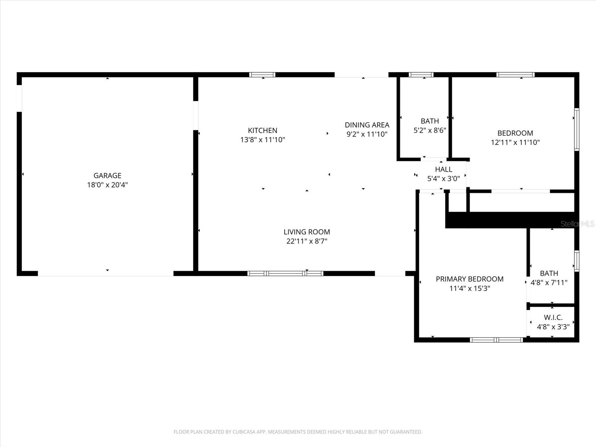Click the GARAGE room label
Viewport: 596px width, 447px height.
click(107, 175)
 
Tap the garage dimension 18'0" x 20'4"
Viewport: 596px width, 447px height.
click(107, 185)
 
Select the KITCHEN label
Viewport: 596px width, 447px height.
click(263, 130)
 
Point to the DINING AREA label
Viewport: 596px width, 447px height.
click(367, 125)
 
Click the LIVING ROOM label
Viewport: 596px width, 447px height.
click(307, 232)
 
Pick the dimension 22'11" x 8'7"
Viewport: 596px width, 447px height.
click(307, 241)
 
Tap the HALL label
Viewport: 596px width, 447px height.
click(443, 169)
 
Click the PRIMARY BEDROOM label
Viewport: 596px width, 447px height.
click(469, 279)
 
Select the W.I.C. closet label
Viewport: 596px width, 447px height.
click(553, 317)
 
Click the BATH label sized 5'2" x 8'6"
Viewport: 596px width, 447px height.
click(429, 121)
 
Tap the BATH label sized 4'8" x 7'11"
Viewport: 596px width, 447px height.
click(549, 273)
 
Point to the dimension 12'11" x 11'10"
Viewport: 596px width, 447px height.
click(515, 142)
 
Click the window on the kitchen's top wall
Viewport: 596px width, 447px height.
click(263, 74)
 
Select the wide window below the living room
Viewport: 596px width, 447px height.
click(285, 273)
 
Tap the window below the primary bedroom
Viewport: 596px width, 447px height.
click(497, 340)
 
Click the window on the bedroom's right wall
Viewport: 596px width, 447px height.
click(577, 129)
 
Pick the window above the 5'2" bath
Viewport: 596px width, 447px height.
click(421, 74)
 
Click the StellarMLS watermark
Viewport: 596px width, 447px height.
click(577, 224)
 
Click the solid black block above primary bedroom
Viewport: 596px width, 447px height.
click(510, 220)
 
